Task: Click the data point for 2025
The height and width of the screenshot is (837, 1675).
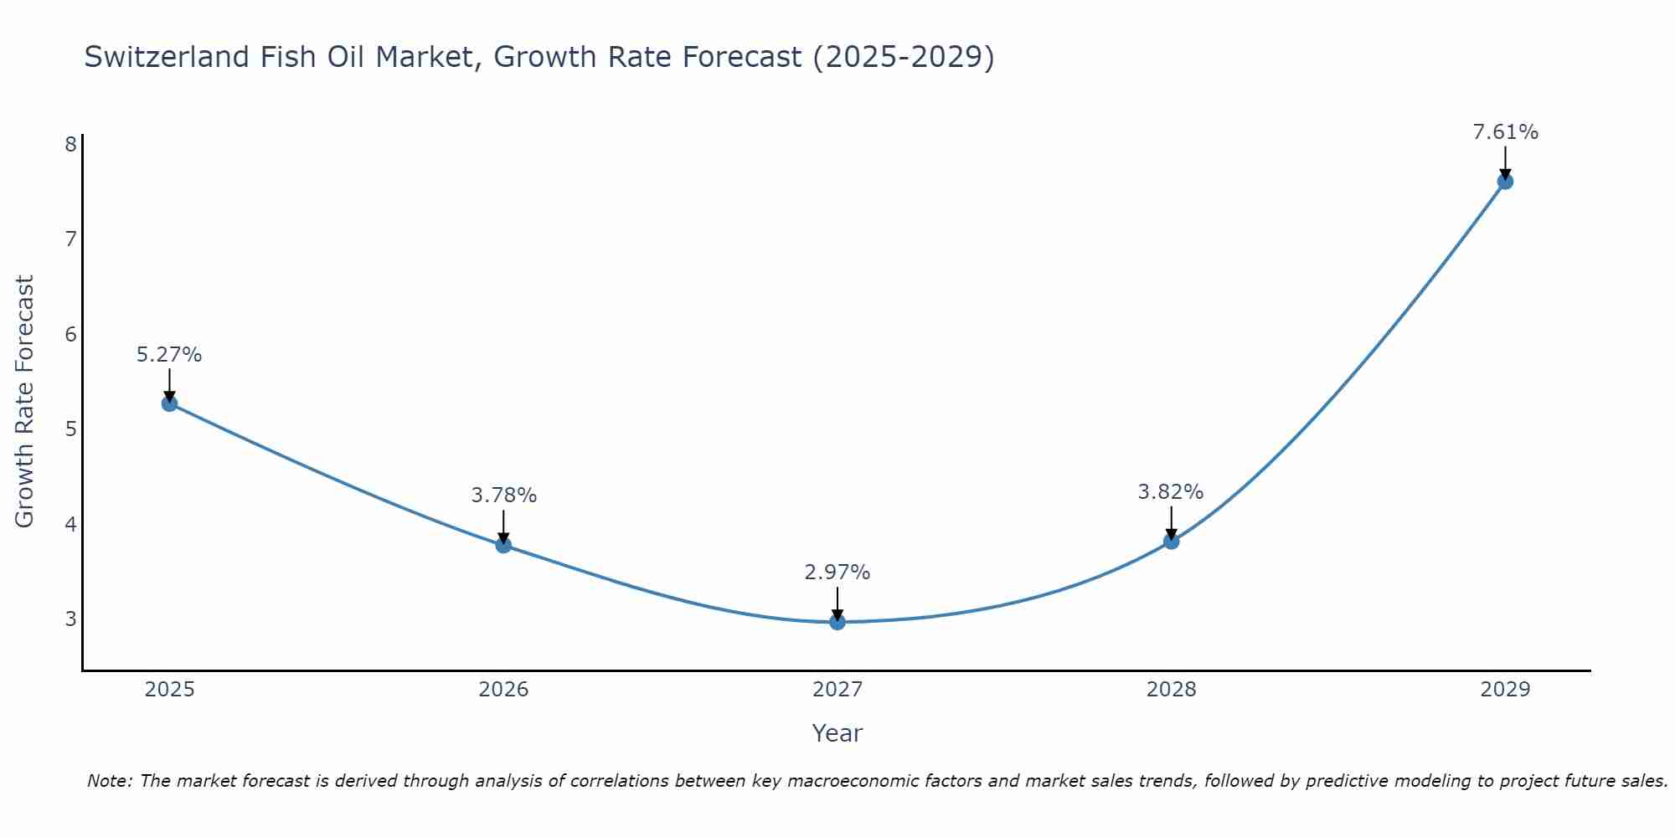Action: point(169,403)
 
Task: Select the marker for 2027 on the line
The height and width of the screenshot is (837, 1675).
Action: point(837,622)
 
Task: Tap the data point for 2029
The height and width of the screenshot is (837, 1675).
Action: point(1505,182)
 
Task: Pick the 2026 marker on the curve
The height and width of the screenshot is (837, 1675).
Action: point(503,545)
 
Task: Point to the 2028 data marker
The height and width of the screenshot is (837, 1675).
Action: point(1171,542)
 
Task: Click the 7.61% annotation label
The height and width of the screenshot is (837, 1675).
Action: point(1505,132)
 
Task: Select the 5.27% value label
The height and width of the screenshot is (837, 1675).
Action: point(169,355)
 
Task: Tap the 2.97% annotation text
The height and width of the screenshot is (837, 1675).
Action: point(837,573)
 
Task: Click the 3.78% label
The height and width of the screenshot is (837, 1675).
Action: point(503,496)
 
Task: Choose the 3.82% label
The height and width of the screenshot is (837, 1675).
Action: point(1171,492)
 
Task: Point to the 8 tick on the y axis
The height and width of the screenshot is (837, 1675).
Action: point(70,144)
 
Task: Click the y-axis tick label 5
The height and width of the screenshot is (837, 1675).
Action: point(70,429)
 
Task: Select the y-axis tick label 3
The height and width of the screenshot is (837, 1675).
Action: point(70,619)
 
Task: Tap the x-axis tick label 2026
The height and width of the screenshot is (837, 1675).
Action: point(503,690)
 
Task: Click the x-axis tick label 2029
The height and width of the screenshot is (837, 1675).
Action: point(1505,690)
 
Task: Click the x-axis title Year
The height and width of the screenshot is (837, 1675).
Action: point(837,733)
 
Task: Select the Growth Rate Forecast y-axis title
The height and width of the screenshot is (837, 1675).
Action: point(25,402)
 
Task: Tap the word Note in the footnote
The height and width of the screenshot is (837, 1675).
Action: point(109,781)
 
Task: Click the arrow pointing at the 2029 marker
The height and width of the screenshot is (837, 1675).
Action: point(1505,162)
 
